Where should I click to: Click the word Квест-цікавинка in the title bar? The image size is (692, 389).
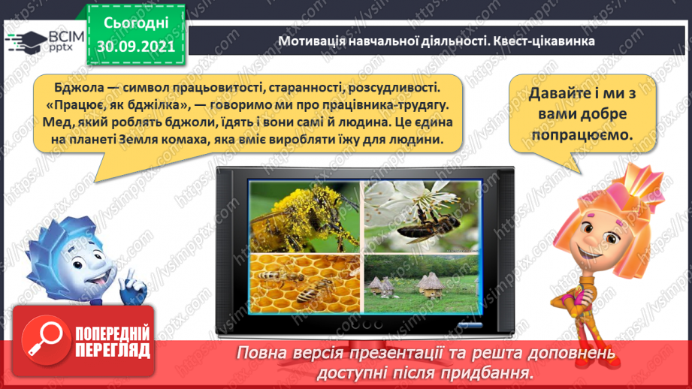click(x=545, y=41)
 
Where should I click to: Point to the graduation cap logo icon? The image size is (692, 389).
click(x=25, y=40)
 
